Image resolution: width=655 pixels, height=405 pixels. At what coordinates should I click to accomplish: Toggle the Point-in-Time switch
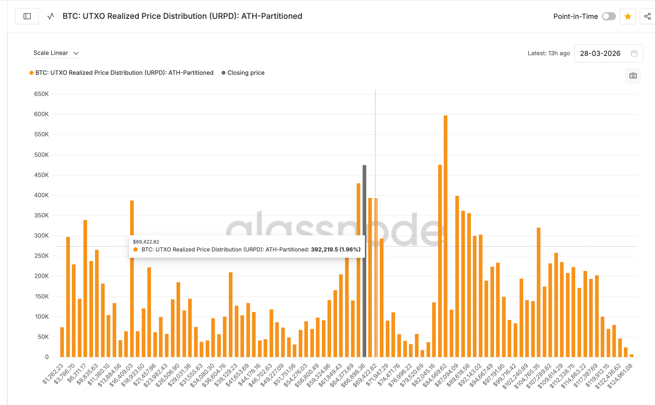click(609, 16)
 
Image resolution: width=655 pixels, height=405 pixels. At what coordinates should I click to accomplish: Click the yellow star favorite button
click(628, 16)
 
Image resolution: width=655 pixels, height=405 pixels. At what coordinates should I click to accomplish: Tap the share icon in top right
click(647, 16)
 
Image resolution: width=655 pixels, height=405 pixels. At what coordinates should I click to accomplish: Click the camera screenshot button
click(633, 76)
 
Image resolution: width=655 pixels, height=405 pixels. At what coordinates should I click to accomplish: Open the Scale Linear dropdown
click(56, 53)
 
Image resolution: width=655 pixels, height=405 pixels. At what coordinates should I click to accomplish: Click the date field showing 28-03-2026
click(600, 53)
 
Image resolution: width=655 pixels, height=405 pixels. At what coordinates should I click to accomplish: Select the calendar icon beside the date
click(634, 53)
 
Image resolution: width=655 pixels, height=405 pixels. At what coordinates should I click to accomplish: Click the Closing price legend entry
click(246, 73)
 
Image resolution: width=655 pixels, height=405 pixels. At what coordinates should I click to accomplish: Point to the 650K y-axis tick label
click(41, 94)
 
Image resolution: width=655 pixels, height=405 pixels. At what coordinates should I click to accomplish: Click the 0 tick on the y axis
click(47, 357)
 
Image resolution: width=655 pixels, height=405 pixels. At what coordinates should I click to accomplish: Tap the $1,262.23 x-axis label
click(53, 374)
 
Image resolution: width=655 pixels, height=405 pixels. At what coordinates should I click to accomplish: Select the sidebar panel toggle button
click(27, 16)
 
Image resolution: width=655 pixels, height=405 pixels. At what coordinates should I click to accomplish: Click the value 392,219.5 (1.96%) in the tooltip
click(335, 249)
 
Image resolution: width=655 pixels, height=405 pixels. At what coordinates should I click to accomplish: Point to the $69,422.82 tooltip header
click(146, 242)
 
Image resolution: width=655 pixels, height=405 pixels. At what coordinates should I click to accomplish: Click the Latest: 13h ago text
click(549, 53)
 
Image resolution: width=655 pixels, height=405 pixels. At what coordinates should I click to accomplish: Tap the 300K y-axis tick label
click(41, 236)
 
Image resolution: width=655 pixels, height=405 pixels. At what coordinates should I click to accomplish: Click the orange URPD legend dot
click(31, 73)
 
